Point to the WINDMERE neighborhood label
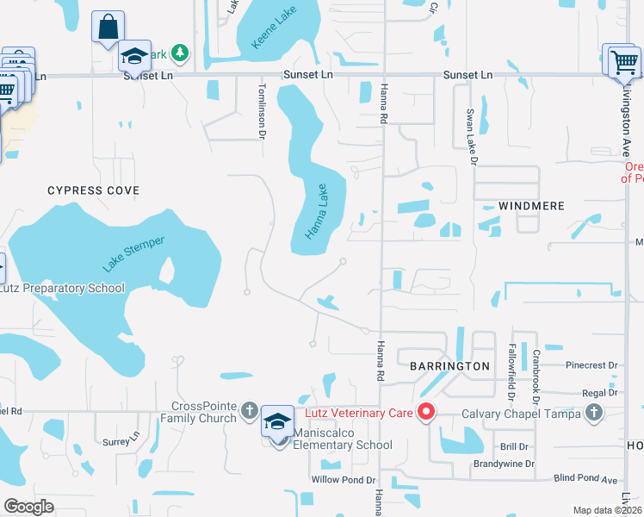pyautogui.click(x=531, y=207)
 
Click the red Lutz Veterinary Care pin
pyautogui.click(x=425, y=413)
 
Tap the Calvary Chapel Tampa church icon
pyautogui.click(x=592, y=413)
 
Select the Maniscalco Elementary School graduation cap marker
pyautogui.click(x=277, y=421)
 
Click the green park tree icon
pyautogui.click(x=180, y=54)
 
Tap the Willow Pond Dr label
pyautogui.click(x=344, y=480)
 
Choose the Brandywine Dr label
pyautogui.click(x=504, y=464)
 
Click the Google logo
pyautogui.click(x=29, y=506)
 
